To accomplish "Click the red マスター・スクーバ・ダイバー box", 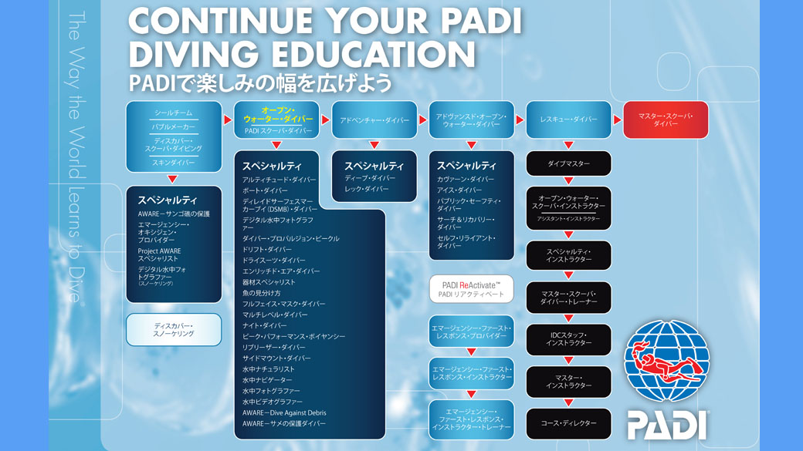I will point(666,120).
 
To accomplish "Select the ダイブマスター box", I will point(568,163).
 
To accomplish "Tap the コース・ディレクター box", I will point(568,423).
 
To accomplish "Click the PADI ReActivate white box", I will point(471,289).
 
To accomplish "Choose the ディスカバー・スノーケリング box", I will point(174,329).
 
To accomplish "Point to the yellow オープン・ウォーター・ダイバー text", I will point(278,115).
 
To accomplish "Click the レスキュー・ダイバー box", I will point(568,119).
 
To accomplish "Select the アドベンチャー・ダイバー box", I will point(374,120).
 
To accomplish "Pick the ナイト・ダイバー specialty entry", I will point(264,325).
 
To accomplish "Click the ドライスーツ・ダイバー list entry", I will point(271,261).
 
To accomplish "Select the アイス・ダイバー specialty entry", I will point(459,190).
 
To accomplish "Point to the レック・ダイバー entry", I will point(367,189).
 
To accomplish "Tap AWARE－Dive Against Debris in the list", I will point(284,412).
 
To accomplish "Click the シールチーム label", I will point(173,113).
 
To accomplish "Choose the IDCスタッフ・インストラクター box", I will point(568,338).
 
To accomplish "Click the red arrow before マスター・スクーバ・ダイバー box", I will point(617,120).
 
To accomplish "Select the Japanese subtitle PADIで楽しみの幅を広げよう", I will point(260,82).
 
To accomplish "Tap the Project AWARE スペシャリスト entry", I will point(160,254).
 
